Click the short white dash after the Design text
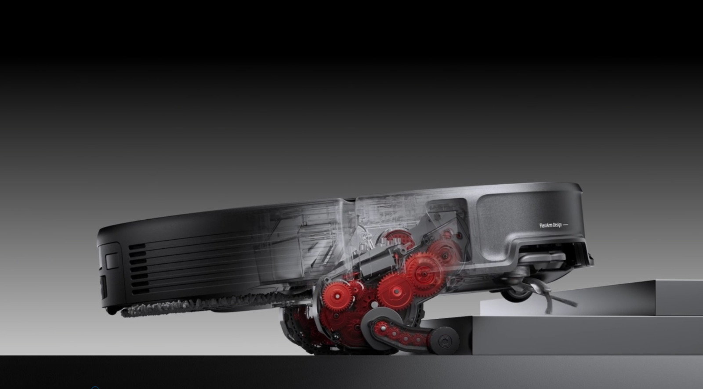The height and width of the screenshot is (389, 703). click(565, 225)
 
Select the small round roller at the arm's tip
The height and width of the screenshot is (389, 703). click(444, 341)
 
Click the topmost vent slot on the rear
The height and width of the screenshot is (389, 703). click(137, 247)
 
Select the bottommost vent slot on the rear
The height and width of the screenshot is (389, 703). click(140, 291)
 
